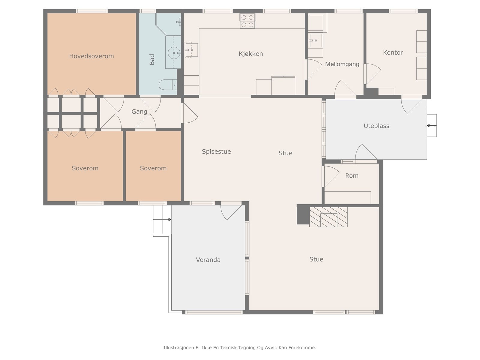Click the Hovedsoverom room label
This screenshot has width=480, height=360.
(x=91, y=56)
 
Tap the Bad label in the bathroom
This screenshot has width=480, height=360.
(x=152, y=59)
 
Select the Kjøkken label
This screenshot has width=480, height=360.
(x=250, y=54)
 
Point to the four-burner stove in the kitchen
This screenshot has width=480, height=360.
(x=247, y=21)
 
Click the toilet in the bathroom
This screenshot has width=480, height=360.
(x=168, y=84)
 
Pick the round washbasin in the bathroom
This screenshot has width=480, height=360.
(x=174, y=53)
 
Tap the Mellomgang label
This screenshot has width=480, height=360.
(x=342, y=64)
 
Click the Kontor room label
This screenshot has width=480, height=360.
(x=393, y=52)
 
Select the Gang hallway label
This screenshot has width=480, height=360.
(x=139, y=112)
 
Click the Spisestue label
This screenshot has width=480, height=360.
(x=216, y=151)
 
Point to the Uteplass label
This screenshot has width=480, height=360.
(x=376, y=126)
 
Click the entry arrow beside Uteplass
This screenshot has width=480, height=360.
(x=432, y=126)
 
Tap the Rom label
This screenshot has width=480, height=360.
(x=352, y=175)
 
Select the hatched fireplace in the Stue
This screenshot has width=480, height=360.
(x=328, y=217)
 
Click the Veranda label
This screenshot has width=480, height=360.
(x=208, y=260)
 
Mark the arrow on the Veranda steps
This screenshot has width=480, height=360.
(x=162, y=220)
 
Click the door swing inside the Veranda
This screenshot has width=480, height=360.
(x=231, y=211)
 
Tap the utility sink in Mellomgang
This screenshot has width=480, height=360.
(x=315, y=40)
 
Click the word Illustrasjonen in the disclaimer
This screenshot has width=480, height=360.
(x=179, y=347)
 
